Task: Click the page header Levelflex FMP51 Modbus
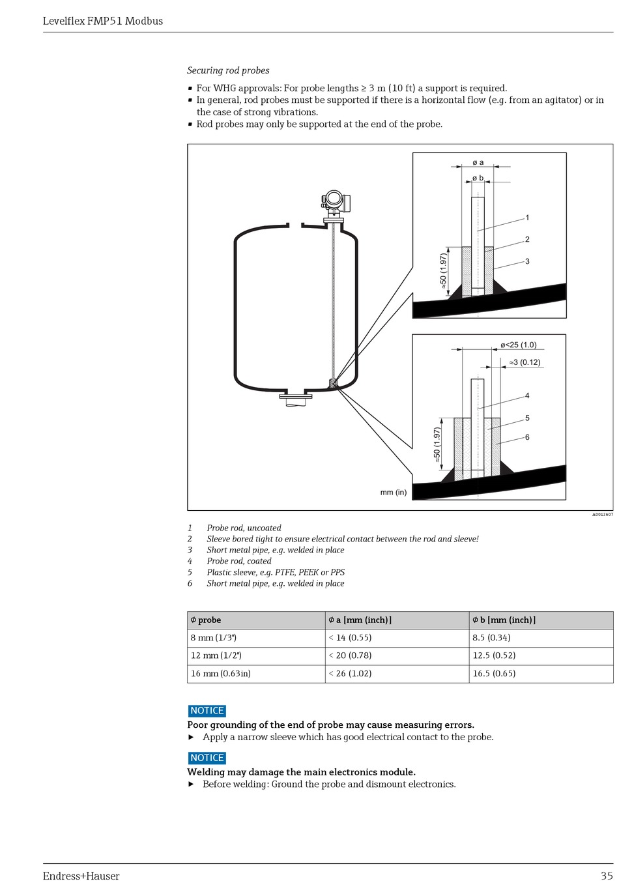point(103,21)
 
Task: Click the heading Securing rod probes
point(228,70)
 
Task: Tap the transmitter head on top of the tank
point(336,201)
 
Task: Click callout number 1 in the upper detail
point(527,218)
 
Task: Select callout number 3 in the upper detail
point(527,261)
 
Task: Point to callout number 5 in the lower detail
point(527,418)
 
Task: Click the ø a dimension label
point(478,162)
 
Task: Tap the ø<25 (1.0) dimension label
point(518,345)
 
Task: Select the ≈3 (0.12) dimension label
point(525,362)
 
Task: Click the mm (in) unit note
point(393,492)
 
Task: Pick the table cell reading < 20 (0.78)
point(350,655)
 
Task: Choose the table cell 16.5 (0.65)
point(494,674)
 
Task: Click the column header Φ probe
point(206,620)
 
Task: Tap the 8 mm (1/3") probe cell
point(214,637)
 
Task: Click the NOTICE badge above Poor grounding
point(207,711)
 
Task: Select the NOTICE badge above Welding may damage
point(207,758)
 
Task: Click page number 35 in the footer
point(607,876)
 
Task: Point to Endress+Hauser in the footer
point(81,876)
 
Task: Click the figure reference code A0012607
point(602,515)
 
